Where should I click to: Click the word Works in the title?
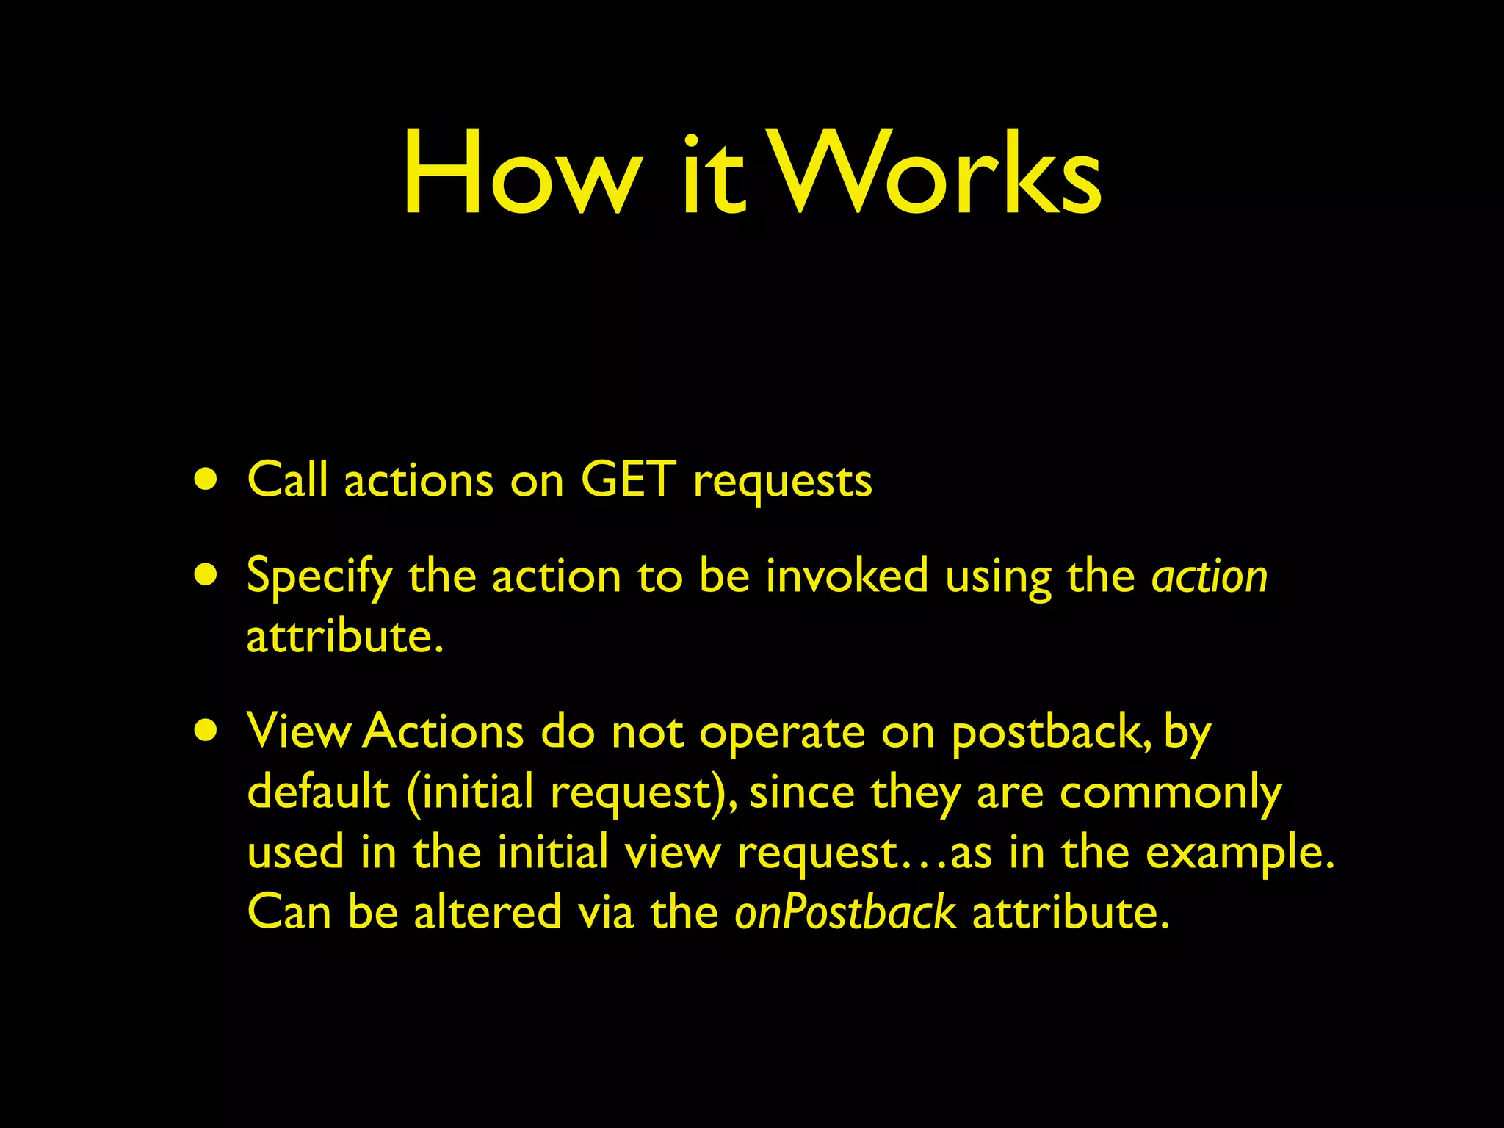coord(937,174)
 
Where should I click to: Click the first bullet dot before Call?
coord(206,480)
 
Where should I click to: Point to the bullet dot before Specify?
coord(206,576)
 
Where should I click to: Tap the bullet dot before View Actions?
coord(206,731)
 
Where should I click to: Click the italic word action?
coord(1210,576)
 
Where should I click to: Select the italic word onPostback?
coord(845,912)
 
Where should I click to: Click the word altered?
coord(487,912)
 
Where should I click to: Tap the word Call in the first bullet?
coord(287,480)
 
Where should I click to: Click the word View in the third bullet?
coord(298,731)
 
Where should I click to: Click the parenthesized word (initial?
coord(470,793)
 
